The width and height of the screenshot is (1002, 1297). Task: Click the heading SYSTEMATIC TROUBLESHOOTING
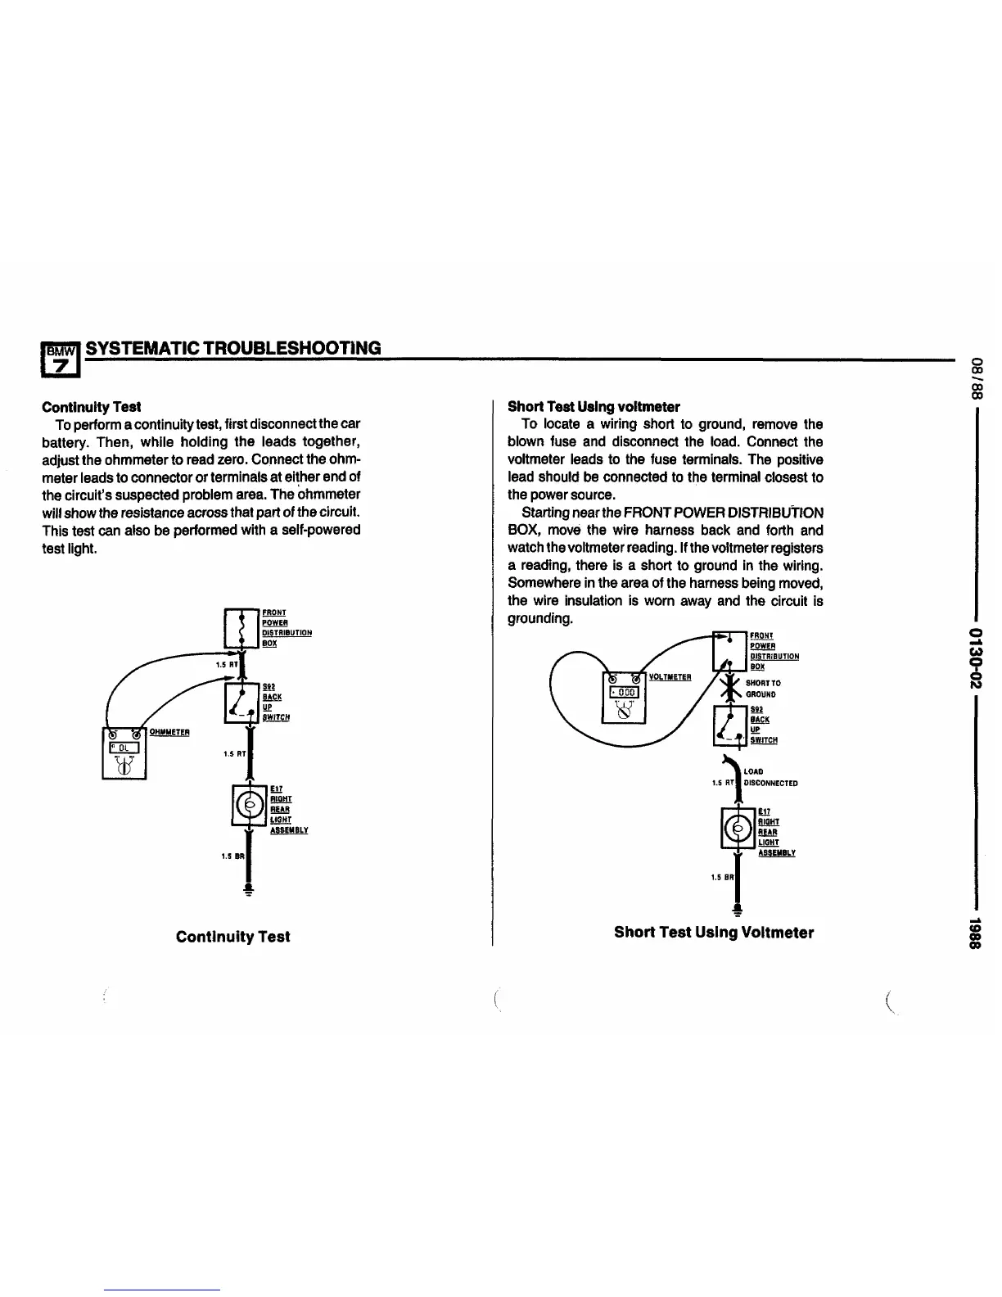tap(233, 348)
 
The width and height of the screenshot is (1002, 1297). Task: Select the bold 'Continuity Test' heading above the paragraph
tap(92, 406)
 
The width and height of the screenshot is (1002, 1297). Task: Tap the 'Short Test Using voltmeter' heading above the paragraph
tap(594, 406)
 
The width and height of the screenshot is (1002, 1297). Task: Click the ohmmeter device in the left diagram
tap(124, 752)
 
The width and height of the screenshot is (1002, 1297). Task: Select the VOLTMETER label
tap(670, 677)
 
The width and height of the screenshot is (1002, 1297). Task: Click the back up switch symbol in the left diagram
tap(241, 703)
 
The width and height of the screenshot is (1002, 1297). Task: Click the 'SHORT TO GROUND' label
tap(762, 689)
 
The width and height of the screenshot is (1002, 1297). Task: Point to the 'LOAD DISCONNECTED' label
tap(770, 777)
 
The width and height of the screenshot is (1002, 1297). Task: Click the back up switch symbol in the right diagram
tap(729, 725)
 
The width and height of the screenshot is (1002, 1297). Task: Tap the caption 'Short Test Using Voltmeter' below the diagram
tap(713, 933)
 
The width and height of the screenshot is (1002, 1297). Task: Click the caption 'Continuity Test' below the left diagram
tap(232, 937)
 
